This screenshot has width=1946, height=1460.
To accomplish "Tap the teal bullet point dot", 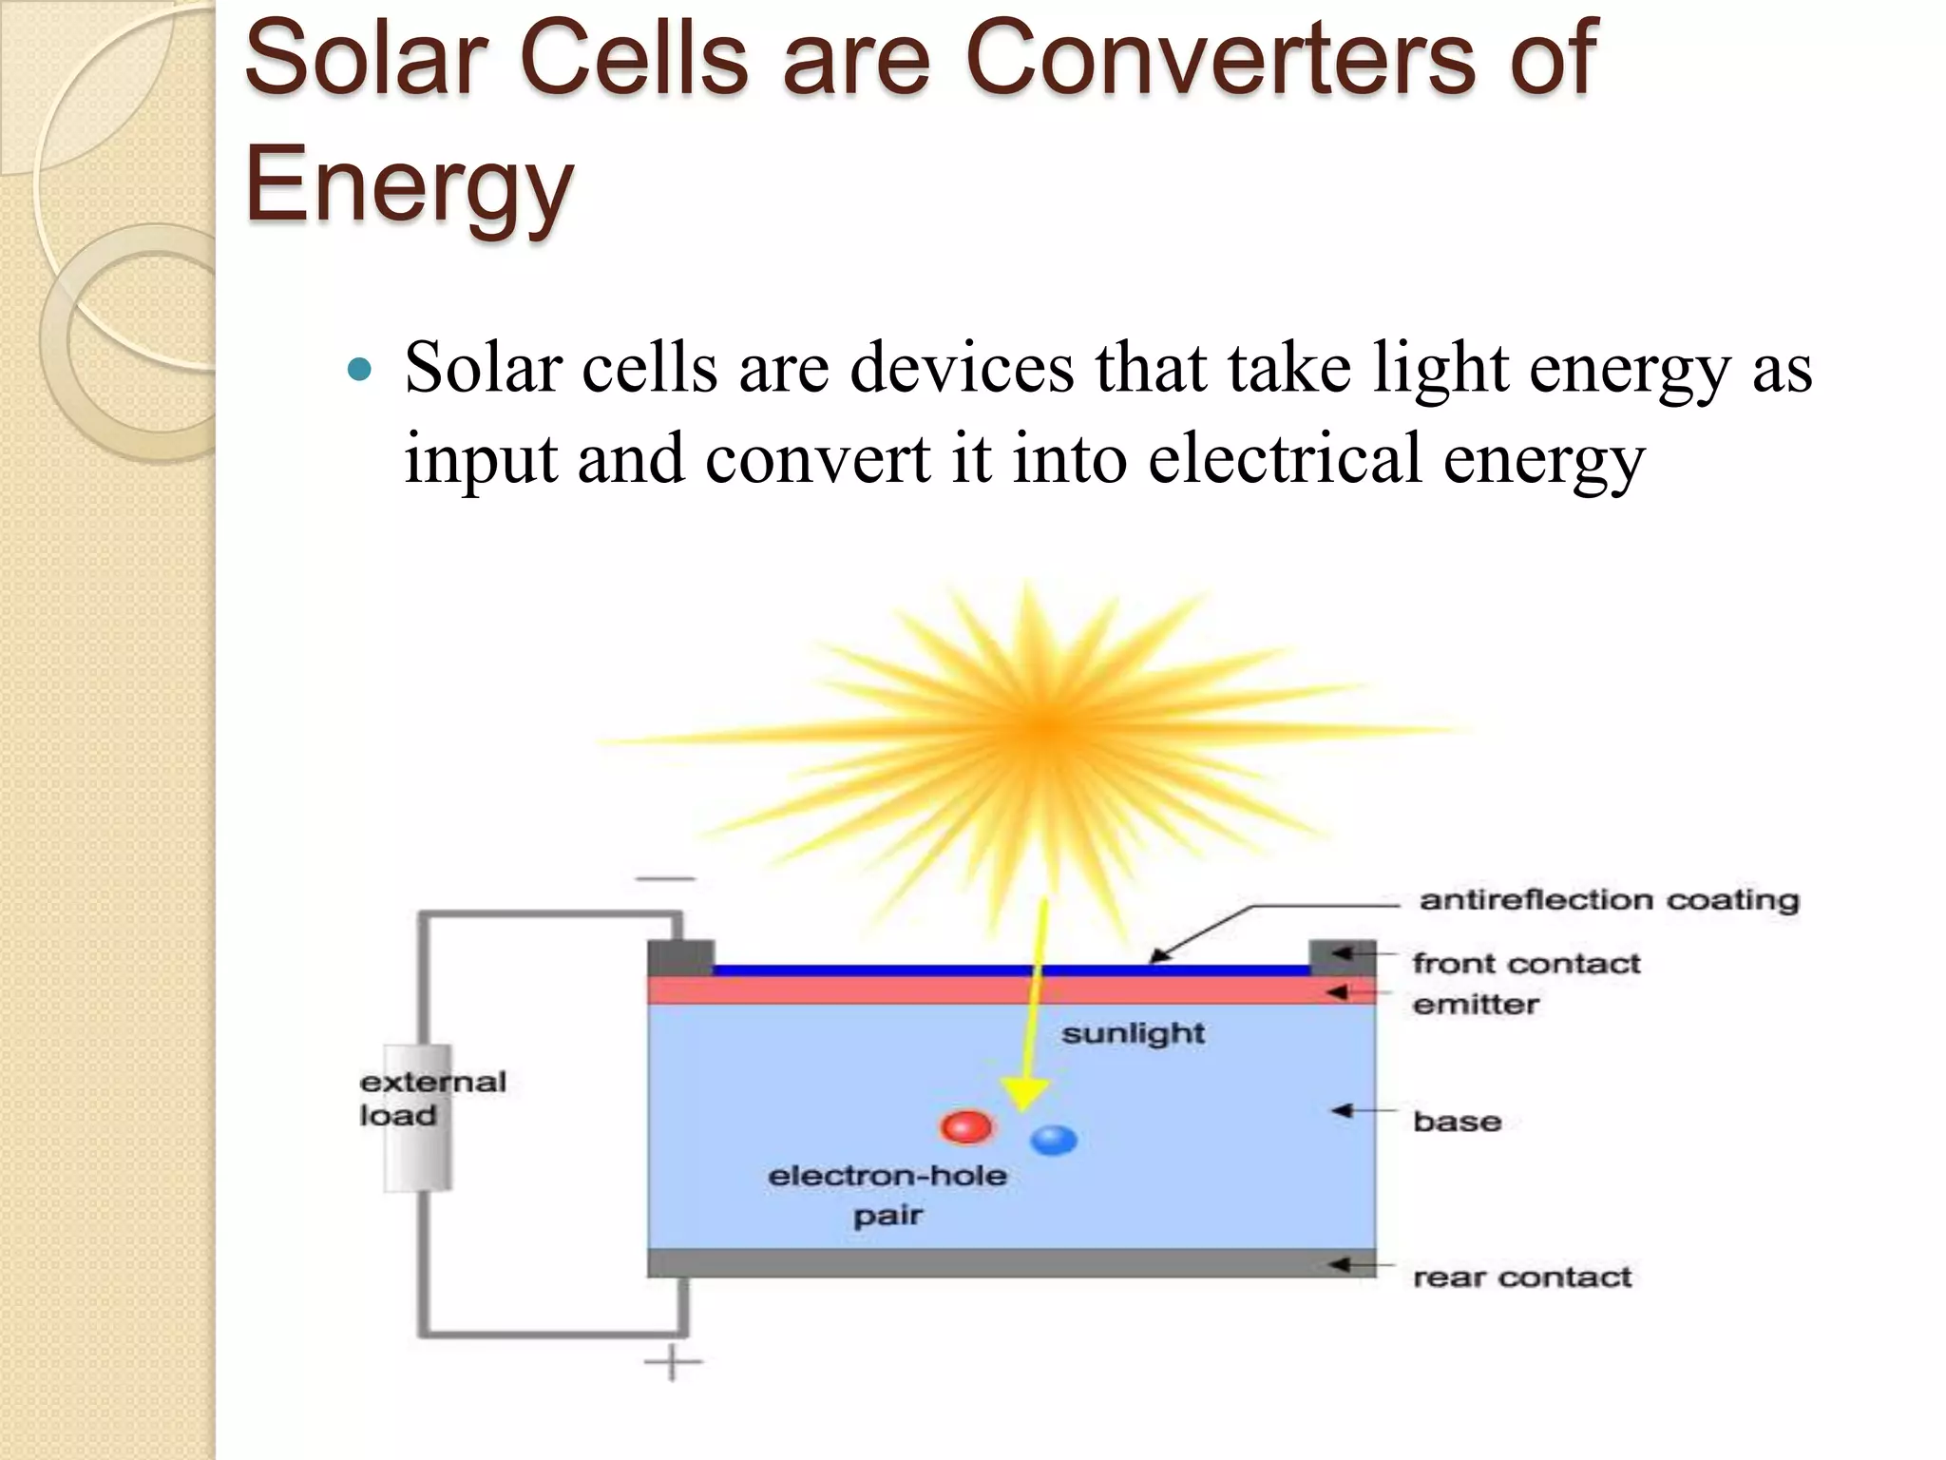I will point(359,369).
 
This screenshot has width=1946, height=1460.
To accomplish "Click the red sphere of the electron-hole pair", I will point(965,1127).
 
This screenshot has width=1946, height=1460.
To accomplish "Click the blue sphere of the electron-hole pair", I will point(1054,1139).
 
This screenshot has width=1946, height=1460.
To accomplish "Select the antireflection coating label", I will point(1609,900).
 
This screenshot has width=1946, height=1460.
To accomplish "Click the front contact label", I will point(1526,964).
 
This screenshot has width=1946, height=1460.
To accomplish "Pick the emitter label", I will point(1476,1005).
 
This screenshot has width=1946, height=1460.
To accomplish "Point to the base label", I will point(1457,1122).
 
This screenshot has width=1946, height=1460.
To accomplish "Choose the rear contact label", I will point(1522,1277).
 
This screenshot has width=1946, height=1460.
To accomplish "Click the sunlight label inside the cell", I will point(1133,1033).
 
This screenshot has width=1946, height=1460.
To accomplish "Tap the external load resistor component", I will point(418,1118).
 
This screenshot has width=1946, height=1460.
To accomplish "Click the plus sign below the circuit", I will point(673,1362).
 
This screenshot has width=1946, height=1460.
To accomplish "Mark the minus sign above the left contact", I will point(666,879).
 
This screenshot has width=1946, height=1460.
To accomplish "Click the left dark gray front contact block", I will point(680,957).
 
